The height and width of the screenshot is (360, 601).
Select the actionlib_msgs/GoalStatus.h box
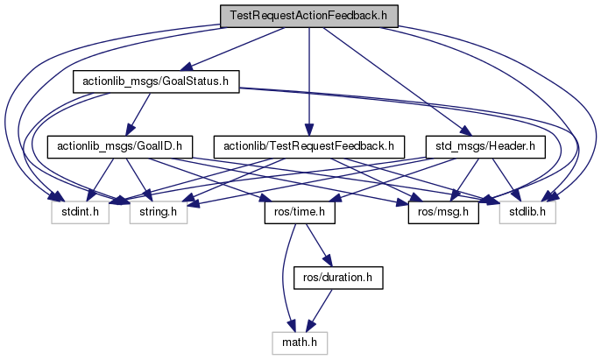coord(154,81)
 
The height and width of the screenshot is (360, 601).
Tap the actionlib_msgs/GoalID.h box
coord(118,146)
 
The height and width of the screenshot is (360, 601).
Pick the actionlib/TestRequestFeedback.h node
coord(309,146)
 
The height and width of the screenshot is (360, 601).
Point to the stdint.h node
coord(78,211)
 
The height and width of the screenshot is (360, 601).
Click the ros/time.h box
coord(289,211)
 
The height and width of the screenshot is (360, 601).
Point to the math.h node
coord(302,341)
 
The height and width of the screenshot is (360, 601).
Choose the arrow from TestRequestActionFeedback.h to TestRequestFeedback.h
coord(308,79)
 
